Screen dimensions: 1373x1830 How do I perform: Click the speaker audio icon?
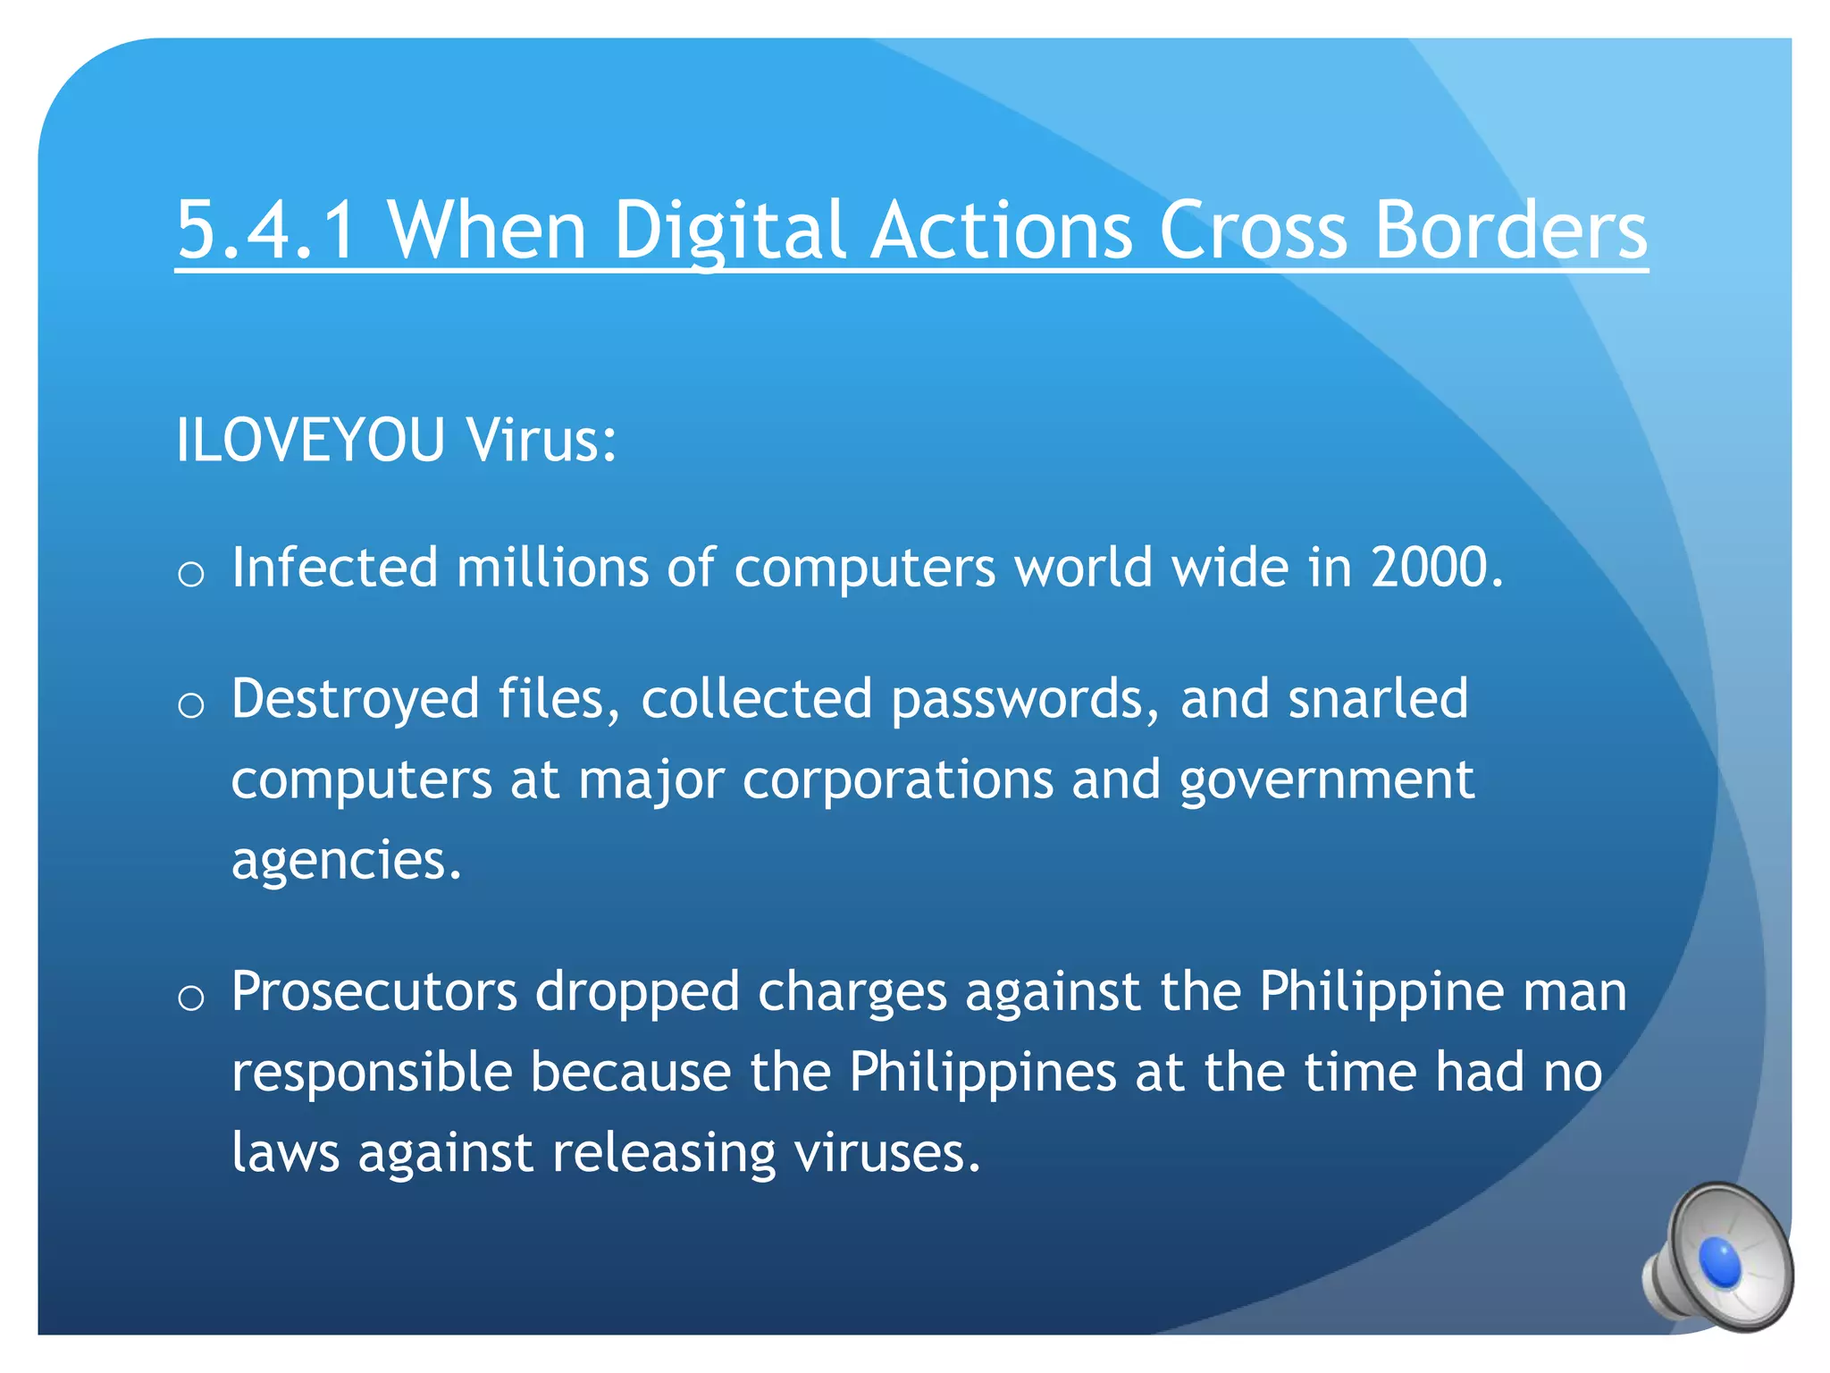1717,1259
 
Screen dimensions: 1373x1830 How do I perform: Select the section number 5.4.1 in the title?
266,230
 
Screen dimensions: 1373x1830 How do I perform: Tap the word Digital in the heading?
729,230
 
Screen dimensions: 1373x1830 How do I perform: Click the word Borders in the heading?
1510,230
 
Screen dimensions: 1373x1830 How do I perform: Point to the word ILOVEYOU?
310,440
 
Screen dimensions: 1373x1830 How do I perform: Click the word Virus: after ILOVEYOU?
541,440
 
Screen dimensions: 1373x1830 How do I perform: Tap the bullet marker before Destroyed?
190,705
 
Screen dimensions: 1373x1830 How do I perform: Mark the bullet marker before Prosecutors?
190,998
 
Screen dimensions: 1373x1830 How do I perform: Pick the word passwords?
1018,699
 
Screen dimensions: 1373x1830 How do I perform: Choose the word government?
1326,780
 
